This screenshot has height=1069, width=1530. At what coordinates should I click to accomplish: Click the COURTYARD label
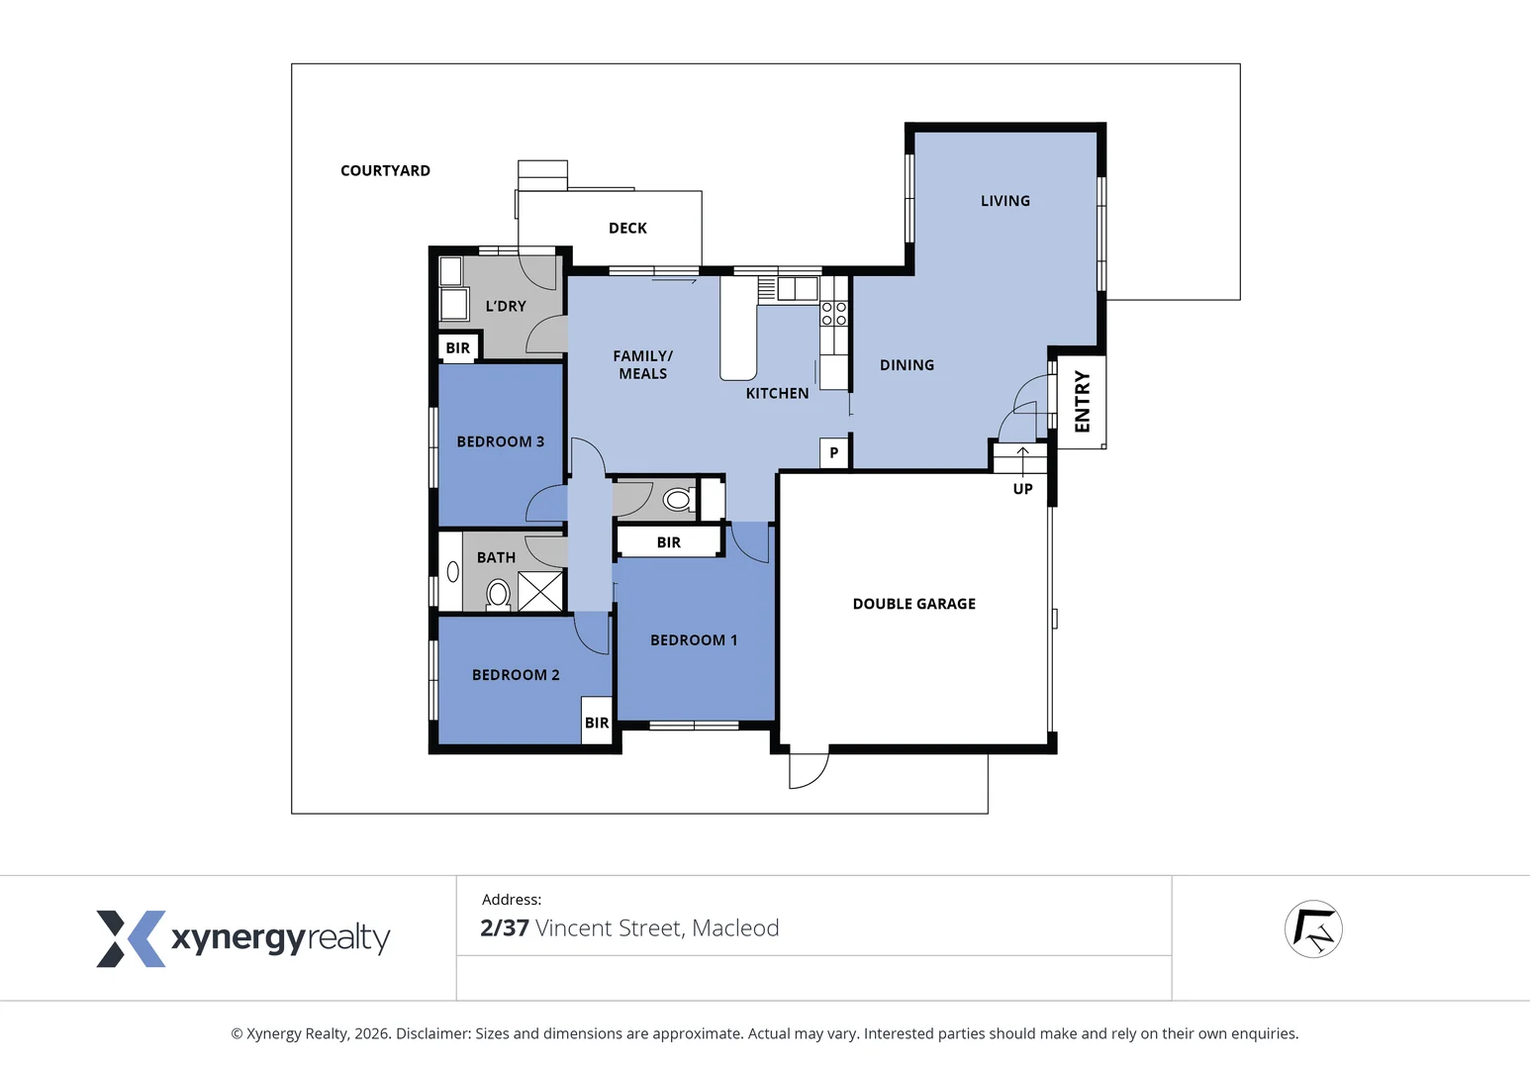click(x=385, y=170)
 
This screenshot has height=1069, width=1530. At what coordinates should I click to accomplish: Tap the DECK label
click(x=627, y=228)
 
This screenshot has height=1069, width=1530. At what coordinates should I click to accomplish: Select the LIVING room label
click(x=1004, y=201)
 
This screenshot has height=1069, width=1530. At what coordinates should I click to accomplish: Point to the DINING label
click(x=907, y=365)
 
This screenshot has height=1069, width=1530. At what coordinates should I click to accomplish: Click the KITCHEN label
click(x=777, y=393)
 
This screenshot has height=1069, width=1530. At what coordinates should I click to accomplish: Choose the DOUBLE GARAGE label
click(x=913, y=604)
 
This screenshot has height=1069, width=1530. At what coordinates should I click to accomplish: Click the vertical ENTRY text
click(x=1082, y=401)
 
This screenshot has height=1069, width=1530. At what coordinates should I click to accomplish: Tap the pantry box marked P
click(x=834, y=452)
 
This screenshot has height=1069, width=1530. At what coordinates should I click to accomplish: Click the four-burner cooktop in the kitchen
click(x=833, y=314)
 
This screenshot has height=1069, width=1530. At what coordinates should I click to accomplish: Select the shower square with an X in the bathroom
click(x=540, y=591)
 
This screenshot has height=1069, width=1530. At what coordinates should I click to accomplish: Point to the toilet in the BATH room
click(x=498, y=594)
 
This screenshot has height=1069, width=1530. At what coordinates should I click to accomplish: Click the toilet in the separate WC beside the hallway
click(x=678, y=499)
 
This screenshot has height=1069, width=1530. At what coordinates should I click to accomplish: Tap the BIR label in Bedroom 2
click(x=597, y=723)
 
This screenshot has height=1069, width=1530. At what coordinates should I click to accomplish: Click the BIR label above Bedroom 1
click(x=669, y=542)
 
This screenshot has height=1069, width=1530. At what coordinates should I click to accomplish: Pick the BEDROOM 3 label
click(x=500, y=441)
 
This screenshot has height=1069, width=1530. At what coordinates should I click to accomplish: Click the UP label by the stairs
click(x=1022, y=489)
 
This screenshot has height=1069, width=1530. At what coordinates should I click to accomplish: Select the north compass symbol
click(x=1312, y=929)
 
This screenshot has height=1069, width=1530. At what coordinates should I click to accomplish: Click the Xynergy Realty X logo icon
click(x=130, y=938)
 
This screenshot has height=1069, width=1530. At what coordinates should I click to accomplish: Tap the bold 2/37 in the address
click(x=504, y=927)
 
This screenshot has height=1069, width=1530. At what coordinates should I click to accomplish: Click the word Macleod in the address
click(x=735, y=927)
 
